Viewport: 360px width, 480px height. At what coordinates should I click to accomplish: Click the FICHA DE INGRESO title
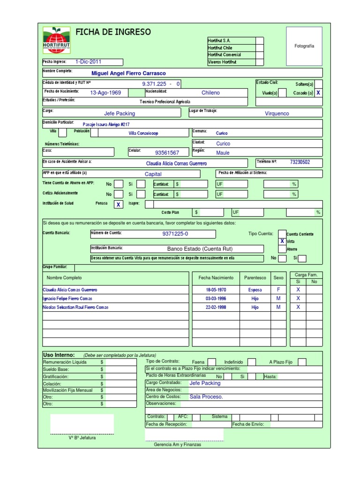(113, 32)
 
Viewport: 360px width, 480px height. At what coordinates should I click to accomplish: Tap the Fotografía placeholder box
(304, 46)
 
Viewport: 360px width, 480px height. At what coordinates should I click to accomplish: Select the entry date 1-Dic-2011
(88, 61)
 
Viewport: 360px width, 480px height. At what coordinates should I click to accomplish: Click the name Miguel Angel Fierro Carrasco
(128, 73)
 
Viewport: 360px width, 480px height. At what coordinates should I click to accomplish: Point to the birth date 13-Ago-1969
(105, 93)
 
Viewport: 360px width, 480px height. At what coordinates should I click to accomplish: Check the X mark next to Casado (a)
(318, 93)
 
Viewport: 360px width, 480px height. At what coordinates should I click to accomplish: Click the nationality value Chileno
(210, 93)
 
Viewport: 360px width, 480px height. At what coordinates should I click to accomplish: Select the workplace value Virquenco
(277, 113)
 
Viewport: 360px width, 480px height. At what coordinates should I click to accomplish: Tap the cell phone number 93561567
(167, 153)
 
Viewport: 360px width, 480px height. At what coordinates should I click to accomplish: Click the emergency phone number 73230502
(300, 162)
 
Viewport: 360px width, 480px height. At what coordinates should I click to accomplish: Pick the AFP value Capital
(153, 174)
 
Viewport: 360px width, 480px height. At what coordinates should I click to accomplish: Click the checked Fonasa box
(119, 205)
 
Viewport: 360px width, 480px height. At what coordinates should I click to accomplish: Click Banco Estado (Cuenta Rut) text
(200, 249)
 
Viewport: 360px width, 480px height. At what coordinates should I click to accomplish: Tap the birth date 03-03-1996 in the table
(216, 299)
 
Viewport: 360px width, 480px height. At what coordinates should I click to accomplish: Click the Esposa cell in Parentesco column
(255, 290)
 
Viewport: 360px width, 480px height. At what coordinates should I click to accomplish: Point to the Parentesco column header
(255, 278)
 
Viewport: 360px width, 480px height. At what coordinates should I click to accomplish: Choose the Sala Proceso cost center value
(206, 397)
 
